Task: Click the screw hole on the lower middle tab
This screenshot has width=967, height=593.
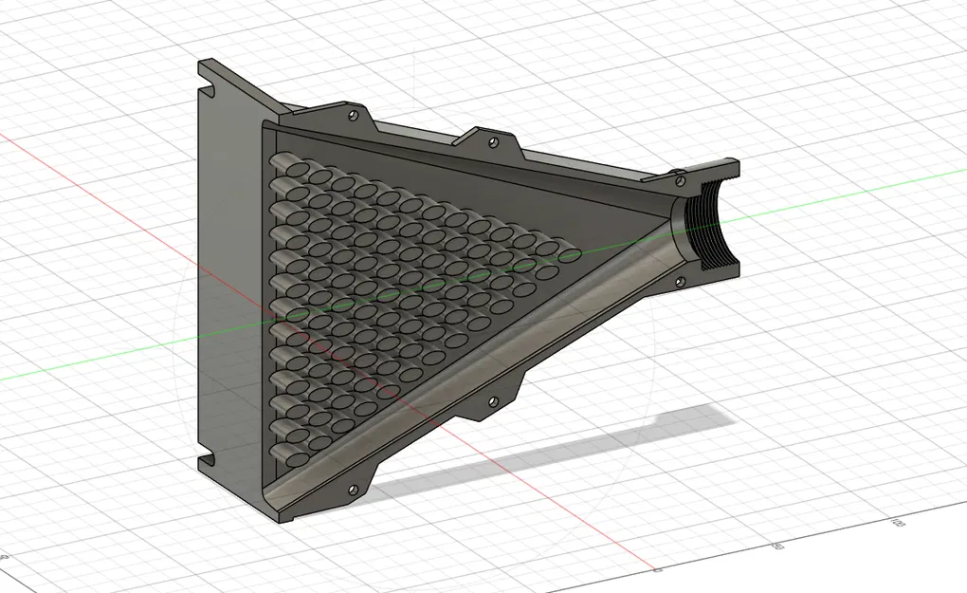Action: pyautogui.click(x=492, y=402)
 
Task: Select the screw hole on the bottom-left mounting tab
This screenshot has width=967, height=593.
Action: pyautogui.click(x=353, y=490)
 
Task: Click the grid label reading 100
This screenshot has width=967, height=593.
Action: pyautogui.click(x=895, y=522)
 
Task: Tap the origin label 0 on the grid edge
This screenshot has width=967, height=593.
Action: pyautogui.click(x=657, y=570)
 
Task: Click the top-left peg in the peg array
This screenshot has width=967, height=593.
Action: pyautogui.click(x=284, y=167)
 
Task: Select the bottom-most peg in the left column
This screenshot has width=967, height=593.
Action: pyautogui.click(x=296, y=458)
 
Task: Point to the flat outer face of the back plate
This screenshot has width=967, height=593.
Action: pyautogui.click(x=228, y=285)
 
